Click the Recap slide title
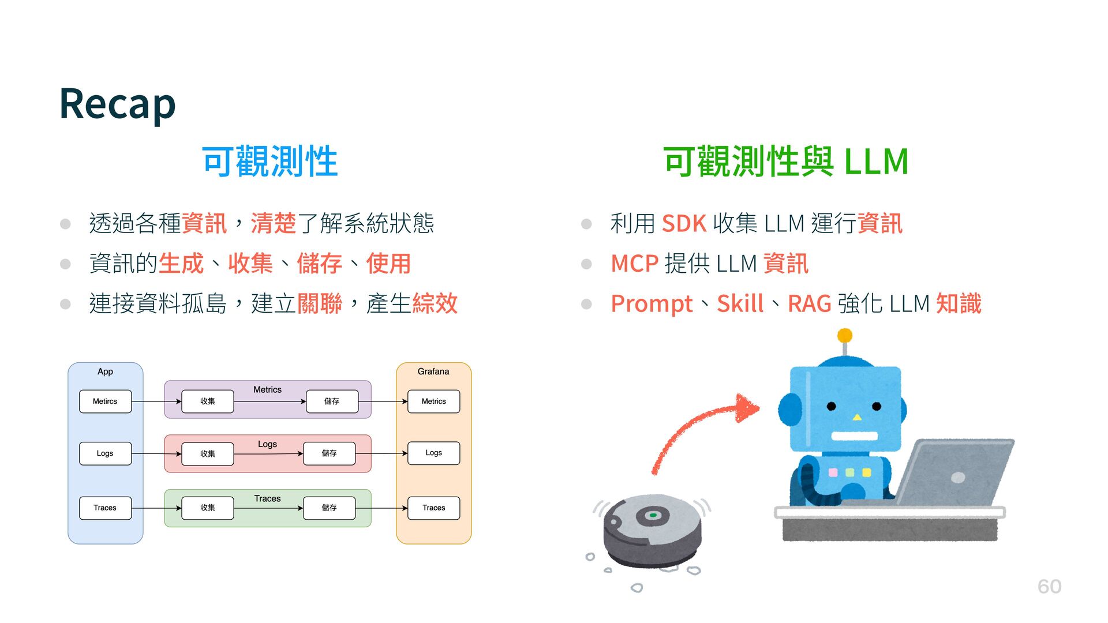[117, 104]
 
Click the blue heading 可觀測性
[269, 162]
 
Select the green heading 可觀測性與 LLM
[786, 162]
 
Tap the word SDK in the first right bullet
[684, 223]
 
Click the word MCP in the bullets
[634, 264]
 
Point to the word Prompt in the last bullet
[651, 303]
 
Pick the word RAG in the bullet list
[809, 303]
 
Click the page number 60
[1049, 586]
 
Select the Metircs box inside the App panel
[105, 401]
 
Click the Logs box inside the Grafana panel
[433, 453]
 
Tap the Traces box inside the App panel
[105, 508]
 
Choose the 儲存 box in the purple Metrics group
[332, 401]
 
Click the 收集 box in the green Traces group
[208, 508]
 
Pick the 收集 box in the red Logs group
[208, 454]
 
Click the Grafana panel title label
[433, 371]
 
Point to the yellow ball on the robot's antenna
[845, 335]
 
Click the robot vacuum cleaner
[652, 530]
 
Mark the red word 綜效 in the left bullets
[435, 303]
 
